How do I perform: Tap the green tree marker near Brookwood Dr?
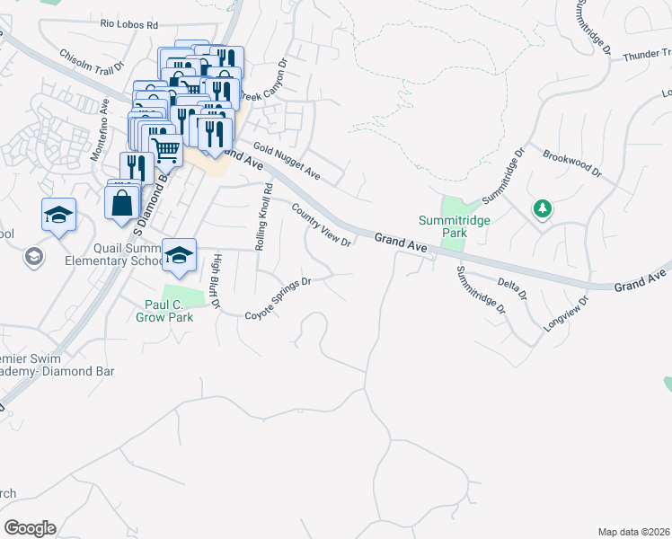[x=542, y=209]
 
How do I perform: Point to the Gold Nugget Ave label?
[x=287, y=159]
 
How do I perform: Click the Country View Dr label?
[x=322, y=225]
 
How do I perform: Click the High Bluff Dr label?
[x=216, y=281]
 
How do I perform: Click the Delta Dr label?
[x=512, y=287]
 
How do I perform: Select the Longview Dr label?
[x=565, y=315]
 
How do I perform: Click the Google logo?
[x=30, y=528]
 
